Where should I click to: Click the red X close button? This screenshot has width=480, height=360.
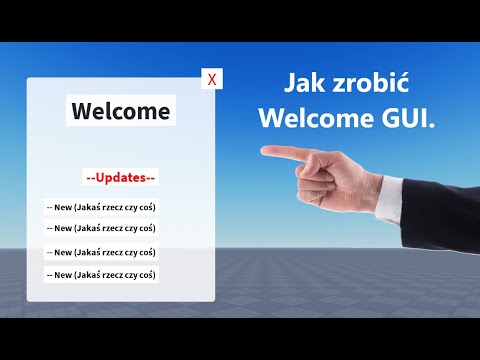click(211, 80)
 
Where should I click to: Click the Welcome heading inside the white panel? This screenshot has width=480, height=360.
click(121, 110)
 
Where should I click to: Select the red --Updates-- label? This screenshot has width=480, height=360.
click(121, 177)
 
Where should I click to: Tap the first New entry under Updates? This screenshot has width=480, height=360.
click(101, 207)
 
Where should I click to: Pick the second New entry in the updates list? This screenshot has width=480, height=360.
click(101, 228)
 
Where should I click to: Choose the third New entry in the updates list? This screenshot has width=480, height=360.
click(101, 252)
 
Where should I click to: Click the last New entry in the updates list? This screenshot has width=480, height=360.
click(101, 274)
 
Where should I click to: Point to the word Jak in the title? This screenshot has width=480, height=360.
click(304, 82)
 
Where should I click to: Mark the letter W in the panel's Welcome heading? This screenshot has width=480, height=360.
click(83, 110)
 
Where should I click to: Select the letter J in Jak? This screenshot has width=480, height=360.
click(291, 82)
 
